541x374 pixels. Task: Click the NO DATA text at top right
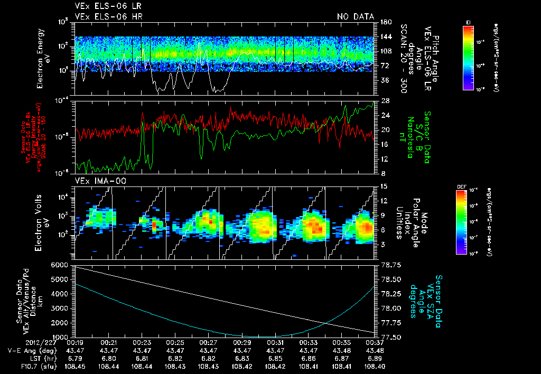click(x=355, y=17)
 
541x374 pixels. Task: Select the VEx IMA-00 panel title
click(x=96, y=181)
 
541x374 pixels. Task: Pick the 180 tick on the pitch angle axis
click(x=385, y=22)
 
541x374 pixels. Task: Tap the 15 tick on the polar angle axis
click(x=384, y=186)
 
